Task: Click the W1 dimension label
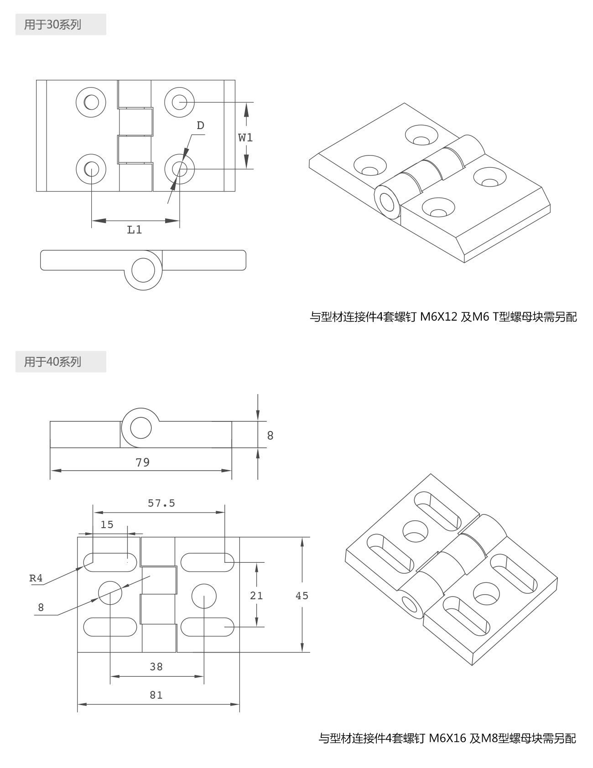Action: tap(245, 137)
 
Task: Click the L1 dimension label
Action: tap(135, 229)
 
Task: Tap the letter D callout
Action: tap(200, 126)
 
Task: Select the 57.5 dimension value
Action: tap(161, 503)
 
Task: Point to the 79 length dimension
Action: tap(142, 462)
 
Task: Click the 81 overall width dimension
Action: tap(156, 695)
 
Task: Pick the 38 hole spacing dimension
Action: tap(156, 667)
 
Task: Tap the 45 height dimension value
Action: tap(302, 596)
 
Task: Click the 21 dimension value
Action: tap(256, 595)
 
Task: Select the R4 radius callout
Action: tap(36, 578)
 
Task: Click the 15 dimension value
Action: tap(107, 524)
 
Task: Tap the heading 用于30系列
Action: tap(53, 25)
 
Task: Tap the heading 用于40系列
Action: tap(53, 362)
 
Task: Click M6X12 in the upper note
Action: tap(438, 317)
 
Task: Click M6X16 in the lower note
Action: tap(447, 738)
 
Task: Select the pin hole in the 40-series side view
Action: tap(140, 428)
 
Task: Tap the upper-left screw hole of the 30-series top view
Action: tap(91, 102)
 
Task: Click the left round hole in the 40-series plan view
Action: tap(110, 592)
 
